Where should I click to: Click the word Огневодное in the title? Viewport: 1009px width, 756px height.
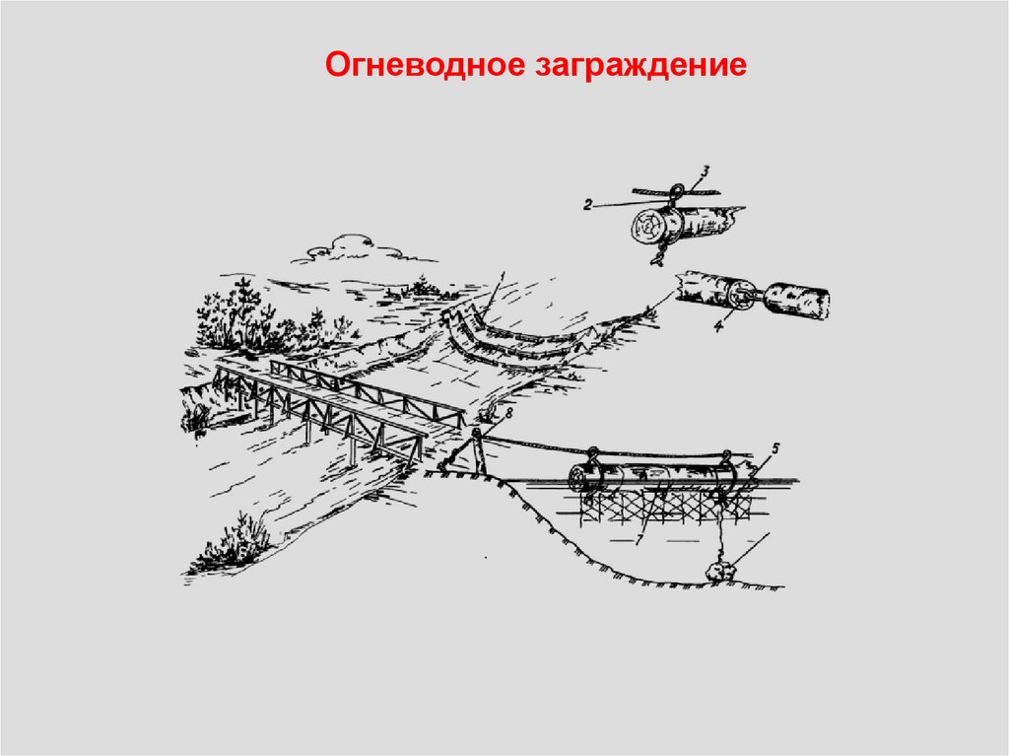point(412,66)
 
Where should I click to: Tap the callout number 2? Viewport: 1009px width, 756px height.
point(586,205)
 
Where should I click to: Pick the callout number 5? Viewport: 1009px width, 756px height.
point(774,449)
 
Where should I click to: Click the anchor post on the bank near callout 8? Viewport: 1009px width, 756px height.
point(477,449)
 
